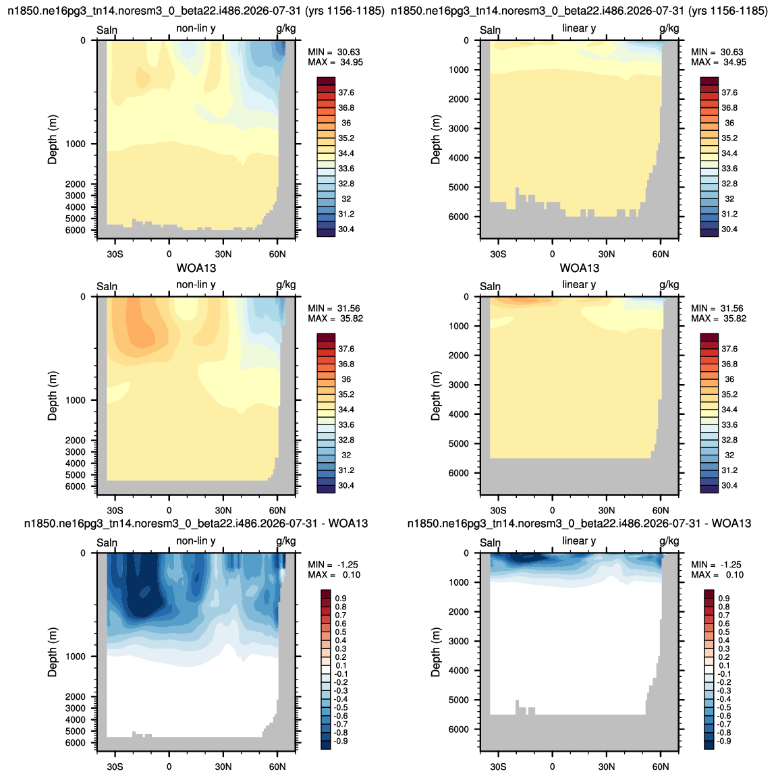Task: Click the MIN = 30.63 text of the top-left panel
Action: click(x=333, y=52)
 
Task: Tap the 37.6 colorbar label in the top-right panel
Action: click(x=729, y=92)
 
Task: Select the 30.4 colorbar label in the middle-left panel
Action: click(x=346, y=485)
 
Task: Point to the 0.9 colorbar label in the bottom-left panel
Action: click(x=341, y=599)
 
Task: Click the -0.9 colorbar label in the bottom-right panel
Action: click(x=723, y=741)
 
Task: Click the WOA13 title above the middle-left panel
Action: click(x=196, y=269)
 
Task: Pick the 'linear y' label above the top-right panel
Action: click(x=579, y=28)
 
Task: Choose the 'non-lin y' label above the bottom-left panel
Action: click(x=196, y=541)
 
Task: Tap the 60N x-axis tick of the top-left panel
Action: click(x=277, y=254)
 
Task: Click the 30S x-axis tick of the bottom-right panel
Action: click(x=499, y=767)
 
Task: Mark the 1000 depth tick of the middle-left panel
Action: click(x=76, y=400)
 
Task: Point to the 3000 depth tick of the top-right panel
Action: click(x=459, y=128)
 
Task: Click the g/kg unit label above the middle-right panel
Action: click(x=669, y=285)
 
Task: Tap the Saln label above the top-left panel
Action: click(x=107, y=30)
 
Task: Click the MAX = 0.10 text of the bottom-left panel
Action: click(x=334, y=574)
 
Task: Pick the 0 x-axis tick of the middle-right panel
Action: click(x=552, y=510)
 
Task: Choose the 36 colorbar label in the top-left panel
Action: click(x=346, y=123)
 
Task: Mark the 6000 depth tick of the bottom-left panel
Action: click(x=75, y=742)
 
